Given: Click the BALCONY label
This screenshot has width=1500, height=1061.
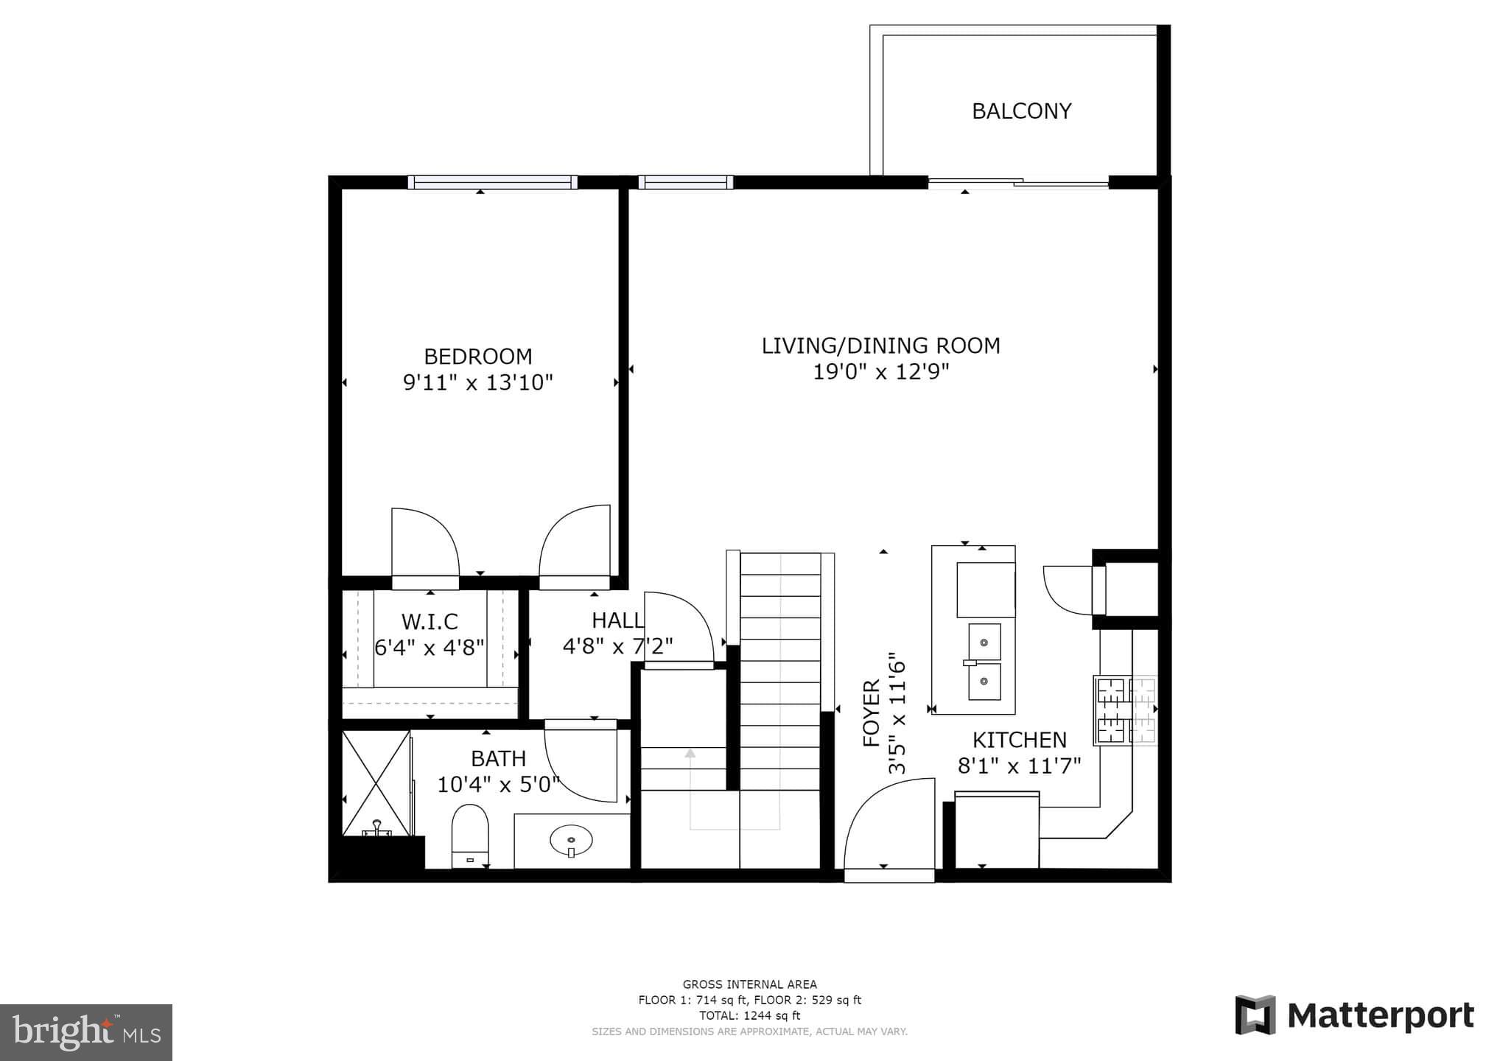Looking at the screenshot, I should point(1021,111).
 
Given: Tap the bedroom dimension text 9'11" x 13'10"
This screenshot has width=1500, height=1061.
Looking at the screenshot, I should point(477,383).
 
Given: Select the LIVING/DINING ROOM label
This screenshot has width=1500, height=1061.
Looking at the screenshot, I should point(880,346).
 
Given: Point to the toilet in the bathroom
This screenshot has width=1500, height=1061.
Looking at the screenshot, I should point(469,835).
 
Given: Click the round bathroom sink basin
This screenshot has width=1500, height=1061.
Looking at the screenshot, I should point(571,839).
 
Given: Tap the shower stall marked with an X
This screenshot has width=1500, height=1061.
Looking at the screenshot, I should point(376,782).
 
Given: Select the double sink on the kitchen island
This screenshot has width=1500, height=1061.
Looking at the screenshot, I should point(984,662).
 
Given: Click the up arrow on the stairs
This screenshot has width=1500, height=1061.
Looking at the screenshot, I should point(690,754).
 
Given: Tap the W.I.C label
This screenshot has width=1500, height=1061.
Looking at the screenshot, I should point(430,621).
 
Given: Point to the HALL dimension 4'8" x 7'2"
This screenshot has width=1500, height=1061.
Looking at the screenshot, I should point(617,647).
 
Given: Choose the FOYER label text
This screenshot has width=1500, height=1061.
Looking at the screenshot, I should point(872,713).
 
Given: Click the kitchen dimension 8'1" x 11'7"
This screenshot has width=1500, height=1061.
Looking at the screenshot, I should point(1019,766).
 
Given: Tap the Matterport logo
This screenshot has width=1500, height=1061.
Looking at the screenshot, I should point(1354,1015).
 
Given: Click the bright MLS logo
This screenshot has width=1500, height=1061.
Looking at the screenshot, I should point(86,1032).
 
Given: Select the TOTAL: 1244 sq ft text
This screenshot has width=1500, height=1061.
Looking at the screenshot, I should point(749,1015).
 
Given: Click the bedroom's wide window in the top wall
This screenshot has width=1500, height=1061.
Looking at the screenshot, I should point(492,182).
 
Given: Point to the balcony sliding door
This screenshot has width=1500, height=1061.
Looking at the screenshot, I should point(1017,183).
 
